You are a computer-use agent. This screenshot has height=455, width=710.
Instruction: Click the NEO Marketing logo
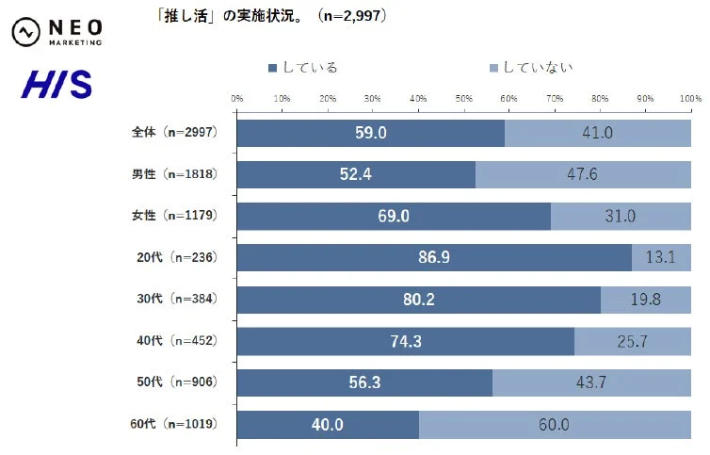[57, 31]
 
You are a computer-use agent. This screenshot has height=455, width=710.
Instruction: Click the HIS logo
[57, 85]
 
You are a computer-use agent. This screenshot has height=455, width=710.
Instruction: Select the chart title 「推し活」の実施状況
[274, 16]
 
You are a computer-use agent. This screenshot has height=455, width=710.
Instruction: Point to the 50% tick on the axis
[463, 98]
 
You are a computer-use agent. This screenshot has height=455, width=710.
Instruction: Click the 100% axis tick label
[691, 98]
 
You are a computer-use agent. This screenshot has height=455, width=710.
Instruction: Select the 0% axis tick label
[237, 98]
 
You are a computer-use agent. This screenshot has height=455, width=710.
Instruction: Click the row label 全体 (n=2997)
[174, 133]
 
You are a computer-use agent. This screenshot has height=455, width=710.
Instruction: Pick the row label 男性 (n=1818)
[174, 174]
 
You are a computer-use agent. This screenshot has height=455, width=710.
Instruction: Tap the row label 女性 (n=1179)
[174, 216]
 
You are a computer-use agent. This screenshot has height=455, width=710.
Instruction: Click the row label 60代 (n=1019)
[174, 424]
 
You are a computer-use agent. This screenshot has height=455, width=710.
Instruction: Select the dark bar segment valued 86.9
[433, 258]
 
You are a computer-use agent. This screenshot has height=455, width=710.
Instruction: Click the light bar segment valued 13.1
[661, 258]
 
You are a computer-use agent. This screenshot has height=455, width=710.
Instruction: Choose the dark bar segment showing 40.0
[327, 425]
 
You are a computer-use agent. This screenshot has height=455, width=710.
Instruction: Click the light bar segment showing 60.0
[554, 425]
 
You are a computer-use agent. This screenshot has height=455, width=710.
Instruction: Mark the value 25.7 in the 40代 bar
[632, 342]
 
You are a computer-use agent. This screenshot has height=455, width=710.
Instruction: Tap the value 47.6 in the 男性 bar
[583, 175]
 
